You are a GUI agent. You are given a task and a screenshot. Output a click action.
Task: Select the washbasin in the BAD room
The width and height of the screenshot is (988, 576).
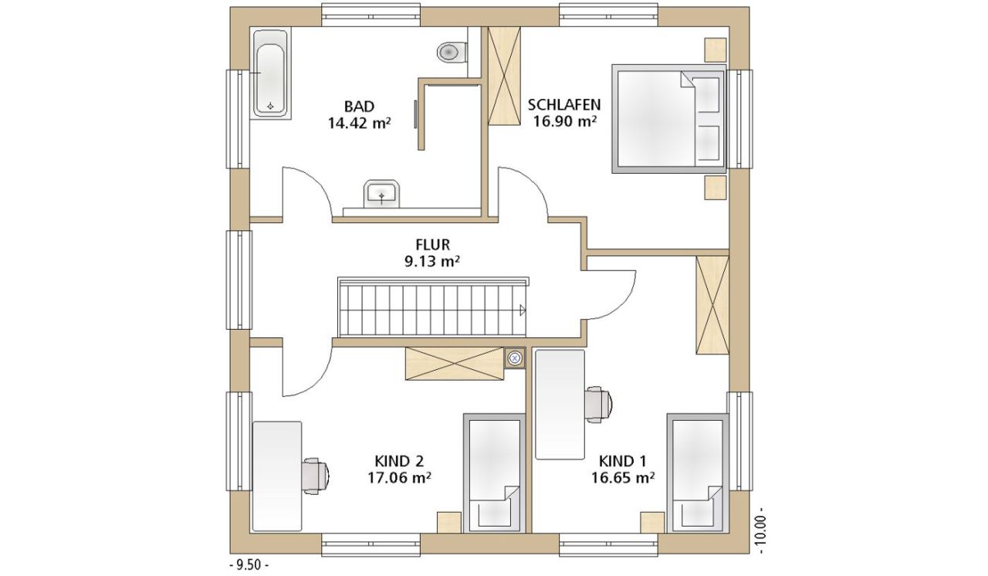(382, 193)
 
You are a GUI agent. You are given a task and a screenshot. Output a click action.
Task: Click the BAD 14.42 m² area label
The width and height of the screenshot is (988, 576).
(360, 115)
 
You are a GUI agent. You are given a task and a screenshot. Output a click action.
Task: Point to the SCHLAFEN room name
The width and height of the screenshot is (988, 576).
(564, 104)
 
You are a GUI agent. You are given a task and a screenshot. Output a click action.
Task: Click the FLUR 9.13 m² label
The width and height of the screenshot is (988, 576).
(433, 252)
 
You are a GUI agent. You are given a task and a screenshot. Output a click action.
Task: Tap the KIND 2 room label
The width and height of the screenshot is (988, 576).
(399, 461)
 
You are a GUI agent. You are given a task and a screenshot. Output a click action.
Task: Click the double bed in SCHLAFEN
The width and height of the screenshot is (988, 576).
(668, 119)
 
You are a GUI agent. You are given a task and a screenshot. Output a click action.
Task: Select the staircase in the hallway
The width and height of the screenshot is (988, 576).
(433, 307)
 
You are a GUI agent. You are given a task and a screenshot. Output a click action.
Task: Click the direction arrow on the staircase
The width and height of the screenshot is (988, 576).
(523, 310)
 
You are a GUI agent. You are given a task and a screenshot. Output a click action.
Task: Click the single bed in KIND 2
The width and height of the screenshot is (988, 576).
(495, 473)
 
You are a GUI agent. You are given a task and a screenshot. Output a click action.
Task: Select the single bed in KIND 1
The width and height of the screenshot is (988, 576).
(697, 473)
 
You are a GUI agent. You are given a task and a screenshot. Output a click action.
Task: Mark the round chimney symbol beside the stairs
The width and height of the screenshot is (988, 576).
(514, 358)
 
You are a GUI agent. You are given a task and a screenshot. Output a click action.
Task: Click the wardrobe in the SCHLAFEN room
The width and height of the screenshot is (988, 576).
(504, 76)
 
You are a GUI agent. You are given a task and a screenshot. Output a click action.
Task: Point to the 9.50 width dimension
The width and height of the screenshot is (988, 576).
(249, 564)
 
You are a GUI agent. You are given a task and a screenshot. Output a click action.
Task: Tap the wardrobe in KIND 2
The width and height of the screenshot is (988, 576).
(455, 364)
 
